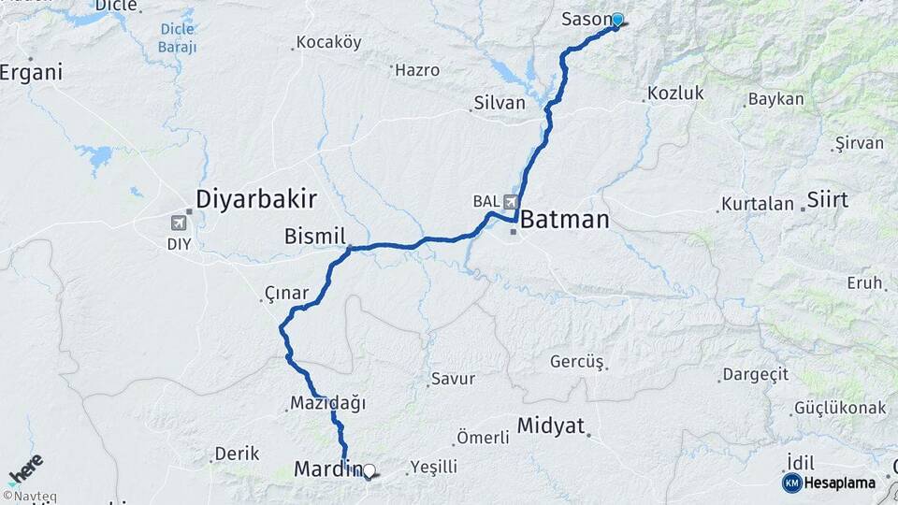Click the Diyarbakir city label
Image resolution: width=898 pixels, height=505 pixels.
point(256,198)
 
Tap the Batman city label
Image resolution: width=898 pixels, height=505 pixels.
point(564,221)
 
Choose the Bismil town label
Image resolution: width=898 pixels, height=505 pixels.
point(315,237)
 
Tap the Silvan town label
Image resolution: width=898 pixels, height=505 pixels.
point(500,103)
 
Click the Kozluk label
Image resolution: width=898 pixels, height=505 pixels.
point(675,94)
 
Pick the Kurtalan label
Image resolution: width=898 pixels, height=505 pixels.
point(758,204)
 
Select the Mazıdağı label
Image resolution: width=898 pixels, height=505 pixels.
point(327,404)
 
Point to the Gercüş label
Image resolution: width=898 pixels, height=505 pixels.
point(577,362)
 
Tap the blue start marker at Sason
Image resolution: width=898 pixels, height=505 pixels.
point(616,20)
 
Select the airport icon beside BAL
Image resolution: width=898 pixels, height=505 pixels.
point(511,200)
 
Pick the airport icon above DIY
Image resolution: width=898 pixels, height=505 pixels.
point(179,223)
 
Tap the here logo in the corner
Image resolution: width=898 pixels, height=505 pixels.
point(25,469)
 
